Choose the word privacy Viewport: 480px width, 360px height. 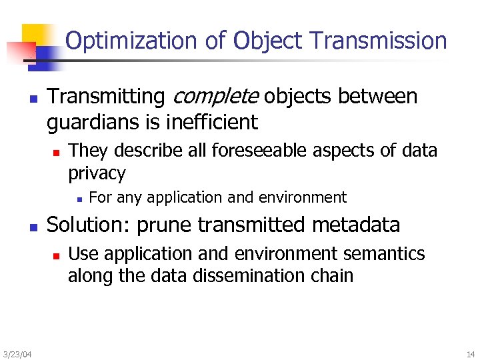pyautogui.click(x=97, y=174)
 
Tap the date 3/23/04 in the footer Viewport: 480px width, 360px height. pyautogui.click(x=17, y=354)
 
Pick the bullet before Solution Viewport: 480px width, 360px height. pyautogui.click(x=33, y=227)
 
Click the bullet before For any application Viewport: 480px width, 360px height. pyautogui.click(x=79, y=198)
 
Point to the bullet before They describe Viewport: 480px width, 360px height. pyautogui.click(x=56, y=152)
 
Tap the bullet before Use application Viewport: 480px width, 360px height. pyautogui.click(x=56, y=255)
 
